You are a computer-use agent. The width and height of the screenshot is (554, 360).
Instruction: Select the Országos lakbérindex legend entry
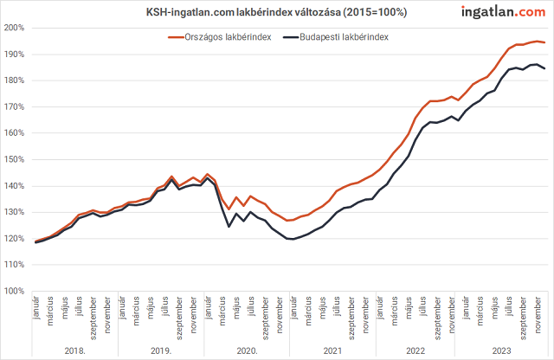point(221,37)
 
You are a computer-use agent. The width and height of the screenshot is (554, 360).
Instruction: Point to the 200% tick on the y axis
point(15,28)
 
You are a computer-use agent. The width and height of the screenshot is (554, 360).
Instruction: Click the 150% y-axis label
point(15,159)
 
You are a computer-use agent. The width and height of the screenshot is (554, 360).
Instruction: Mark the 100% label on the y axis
point(15,291)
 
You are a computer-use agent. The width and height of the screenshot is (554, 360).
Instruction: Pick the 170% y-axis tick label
point(15,106)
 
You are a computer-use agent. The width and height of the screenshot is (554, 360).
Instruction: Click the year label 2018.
point(76,350)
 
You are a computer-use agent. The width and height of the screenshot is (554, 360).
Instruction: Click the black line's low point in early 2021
point(293,239)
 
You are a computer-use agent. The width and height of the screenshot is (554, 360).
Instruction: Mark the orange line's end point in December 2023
point(544,42)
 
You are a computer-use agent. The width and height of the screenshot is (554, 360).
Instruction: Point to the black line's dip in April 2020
point(229,227)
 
